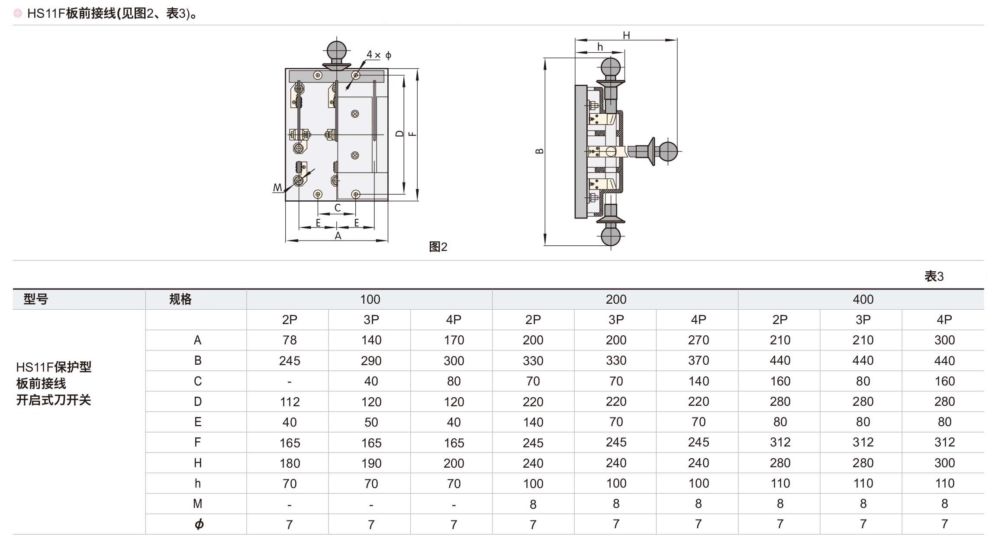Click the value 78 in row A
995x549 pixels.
point(290,340)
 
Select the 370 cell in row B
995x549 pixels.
point(698,360)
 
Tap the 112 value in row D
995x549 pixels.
point(290,401)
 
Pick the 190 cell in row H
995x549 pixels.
point(371,463)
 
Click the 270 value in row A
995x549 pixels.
point(698,340)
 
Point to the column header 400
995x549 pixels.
point(863,299)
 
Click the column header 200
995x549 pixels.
point(616,299)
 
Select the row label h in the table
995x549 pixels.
point(197,483)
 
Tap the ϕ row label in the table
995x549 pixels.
point(199,524)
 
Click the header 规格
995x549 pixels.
point(180,299)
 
